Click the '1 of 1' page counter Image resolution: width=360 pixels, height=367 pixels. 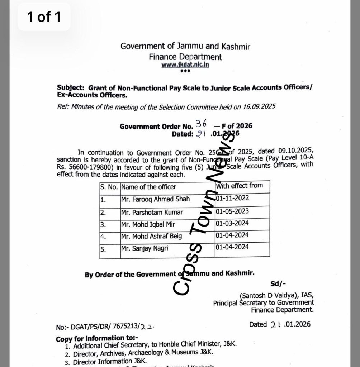(x=44, y=17)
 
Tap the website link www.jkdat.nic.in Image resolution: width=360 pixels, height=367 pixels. (x=185, y=65)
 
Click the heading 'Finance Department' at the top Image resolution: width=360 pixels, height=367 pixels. (x=185, y=57)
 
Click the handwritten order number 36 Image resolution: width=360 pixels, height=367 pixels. (x=201, y=124)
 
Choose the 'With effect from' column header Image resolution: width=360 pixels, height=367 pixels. (x=239, y=186)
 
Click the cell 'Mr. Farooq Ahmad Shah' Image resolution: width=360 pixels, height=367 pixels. (x=156, y=199)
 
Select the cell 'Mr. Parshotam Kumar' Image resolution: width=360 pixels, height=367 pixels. (x=152, y=212)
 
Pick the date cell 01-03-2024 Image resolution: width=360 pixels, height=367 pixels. (x=232, y=223)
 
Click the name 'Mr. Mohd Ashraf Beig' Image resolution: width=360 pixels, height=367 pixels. (x=152, y=236)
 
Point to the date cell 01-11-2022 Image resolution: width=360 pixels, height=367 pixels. (x=232, y=198)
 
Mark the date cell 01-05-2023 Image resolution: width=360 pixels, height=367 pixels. (x=232, y=211)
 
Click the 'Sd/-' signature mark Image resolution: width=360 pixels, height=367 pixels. (x=278, y=284)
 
